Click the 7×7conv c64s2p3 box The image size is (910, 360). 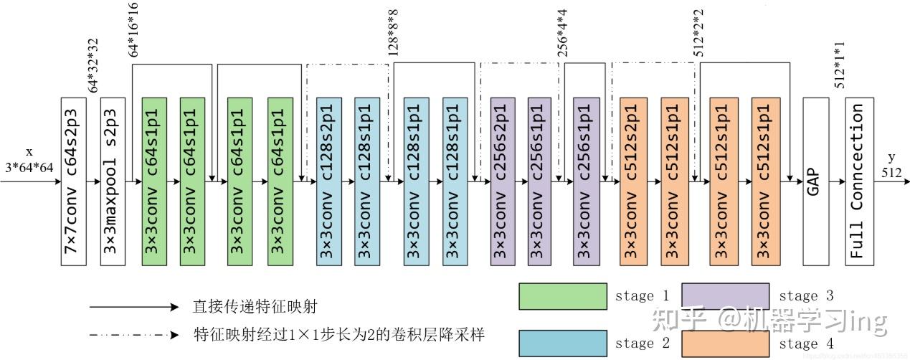75,181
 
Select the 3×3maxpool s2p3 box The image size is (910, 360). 113,181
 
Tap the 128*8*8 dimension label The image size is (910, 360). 393,32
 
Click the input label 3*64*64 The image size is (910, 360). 29,167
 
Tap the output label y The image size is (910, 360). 892,157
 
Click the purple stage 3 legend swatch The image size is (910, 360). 724,296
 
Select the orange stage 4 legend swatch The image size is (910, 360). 724,344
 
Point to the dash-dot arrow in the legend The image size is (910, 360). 133,335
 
